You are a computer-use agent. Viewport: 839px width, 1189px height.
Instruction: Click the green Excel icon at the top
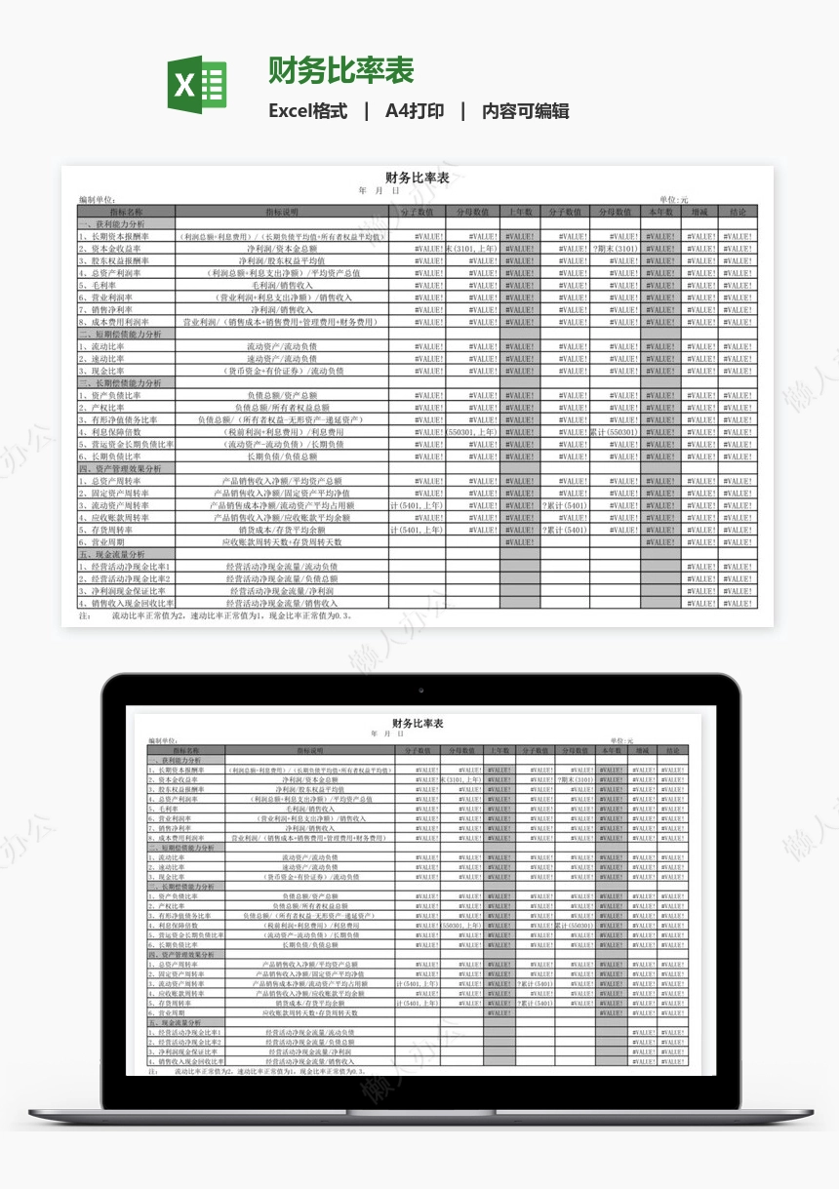tap(197, 85)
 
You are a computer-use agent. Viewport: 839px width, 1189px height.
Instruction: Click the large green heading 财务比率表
tap(341, 70)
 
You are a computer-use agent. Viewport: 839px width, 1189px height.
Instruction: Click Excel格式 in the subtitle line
tap(307, 111)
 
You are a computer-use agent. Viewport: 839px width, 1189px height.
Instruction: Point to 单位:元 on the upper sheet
tap(673, 199)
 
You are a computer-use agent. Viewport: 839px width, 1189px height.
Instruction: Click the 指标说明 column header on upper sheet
tap(283, 212)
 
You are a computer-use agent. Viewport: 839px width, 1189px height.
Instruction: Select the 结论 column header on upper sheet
tap(738, 212)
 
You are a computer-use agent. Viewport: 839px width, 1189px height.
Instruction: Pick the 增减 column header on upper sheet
tap(699, 212)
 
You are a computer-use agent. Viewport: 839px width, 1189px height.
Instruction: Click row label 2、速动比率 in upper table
tap(102, 359)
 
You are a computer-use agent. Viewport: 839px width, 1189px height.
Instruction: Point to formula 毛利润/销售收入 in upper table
tap(283, 286)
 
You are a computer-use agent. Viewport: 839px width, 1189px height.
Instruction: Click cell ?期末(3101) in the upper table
tap(616, 249)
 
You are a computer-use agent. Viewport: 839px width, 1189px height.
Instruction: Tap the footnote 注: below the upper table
tap(84, 616)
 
